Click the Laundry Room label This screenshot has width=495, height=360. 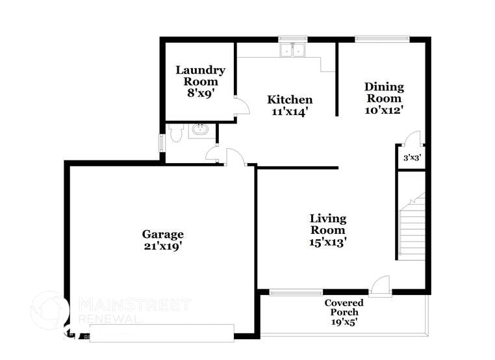pyautogui.click(x=200, y=76)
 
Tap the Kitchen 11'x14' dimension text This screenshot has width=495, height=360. pyautogui.click(x=290, y=112)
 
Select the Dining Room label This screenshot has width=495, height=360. pyautogui.click(x=384, y=92)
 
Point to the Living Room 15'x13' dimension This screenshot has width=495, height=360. pyautogui.click(x=327, y=242)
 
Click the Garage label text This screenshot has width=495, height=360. pyautogui.click(x=163, y=235)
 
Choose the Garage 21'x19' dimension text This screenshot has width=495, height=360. pyautogui.click(x=163, y=246)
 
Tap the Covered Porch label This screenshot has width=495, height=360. pyautogui.click(x=344, y=307)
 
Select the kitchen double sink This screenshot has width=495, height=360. pyautogui.click(x=292, y=50)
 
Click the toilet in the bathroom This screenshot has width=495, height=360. pyautogui.click(x=175, y=132)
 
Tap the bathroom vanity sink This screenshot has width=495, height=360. pyautogui.click(x=202, y=130)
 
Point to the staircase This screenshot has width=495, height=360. pyautogui.click(x=411, y=227)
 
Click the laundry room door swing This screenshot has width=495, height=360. pyautogui.click(x=241, y=107)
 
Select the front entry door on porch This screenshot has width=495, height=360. pyautogui.click(x=380, y=286)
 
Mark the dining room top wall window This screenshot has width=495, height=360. pyautogui.click(x=382, y=39)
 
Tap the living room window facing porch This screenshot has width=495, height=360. pyautogui.click(x=296, y=292)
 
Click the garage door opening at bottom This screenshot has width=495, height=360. pyautogui.click(x=160, y=335)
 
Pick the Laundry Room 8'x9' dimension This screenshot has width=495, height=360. pyautogui.click(x=200, y=93)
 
